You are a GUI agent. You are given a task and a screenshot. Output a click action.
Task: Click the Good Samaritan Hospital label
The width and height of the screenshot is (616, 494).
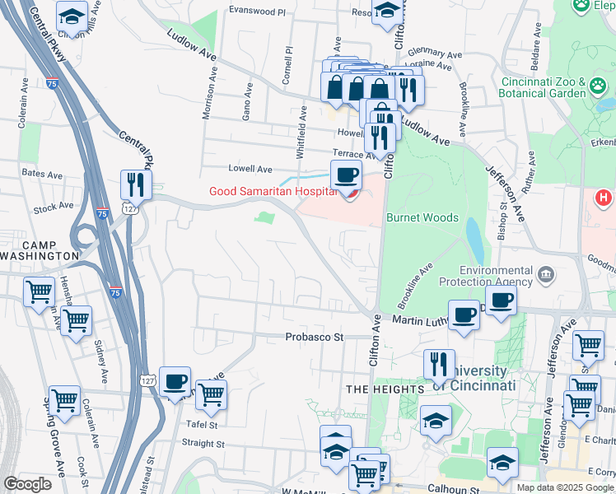pos(272,192)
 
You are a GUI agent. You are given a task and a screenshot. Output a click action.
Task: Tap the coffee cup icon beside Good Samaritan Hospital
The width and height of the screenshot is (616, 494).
pos(346,175)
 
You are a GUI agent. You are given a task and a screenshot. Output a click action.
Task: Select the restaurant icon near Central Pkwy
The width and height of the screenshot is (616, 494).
pos(135,184)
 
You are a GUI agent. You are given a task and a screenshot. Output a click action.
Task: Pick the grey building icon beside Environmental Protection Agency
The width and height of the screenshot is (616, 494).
pos(544,273)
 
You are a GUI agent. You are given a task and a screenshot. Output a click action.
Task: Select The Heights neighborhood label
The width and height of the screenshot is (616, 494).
pos(385,388)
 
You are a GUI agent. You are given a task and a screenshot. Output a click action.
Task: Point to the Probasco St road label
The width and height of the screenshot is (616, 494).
pos(314,337)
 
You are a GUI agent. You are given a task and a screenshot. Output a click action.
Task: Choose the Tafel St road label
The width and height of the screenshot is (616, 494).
pos(201,425)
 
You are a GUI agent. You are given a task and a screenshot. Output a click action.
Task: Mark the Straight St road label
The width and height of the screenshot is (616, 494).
pos(203,443)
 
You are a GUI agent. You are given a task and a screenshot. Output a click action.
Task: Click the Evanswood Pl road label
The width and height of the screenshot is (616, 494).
pos(257,12)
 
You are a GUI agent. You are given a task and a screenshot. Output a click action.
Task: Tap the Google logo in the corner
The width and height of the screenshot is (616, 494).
pos(27,484)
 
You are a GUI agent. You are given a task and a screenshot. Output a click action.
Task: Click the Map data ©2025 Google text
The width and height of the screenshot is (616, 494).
pos(565,487)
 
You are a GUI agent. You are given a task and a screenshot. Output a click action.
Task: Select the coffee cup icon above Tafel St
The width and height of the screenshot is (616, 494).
pos(175,381)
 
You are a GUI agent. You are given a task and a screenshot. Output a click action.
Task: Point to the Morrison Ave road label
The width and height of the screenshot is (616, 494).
pos(209,92)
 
